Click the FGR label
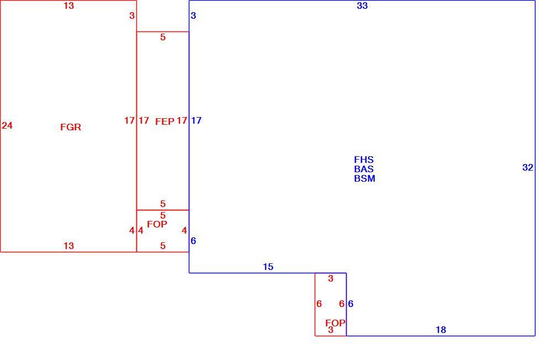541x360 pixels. pyautogui.click(x=71, y=127)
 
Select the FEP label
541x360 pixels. pyautogui.click(x=165, y=121)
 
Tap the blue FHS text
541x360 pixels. pyautogui.click(x=364, y=160)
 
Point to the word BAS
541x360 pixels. pyautogui.click(x=364, y=169)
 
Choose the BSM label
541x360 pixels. pyautogui.click(x=364, y=178)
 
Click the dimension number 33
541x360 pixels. pyautogui.click(x=362, y=6)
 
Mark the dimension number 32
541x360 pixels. pyautogui.click(x=528, y=167)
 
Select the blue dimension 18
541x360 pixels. pyautogui.click(x=441, y=330)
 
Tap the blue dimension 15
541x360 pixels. pyautogui.click(x=268, y=267)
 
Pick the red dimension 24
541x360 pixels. pyautogui.click(x=7, y=126)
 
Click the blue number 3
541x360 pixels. pyautogui.click(x=193, y=15)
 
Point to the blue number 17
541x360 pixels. pyautogui.click(x=197, y=120)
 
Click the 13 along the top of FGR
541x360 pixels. pyautogui.click(x=68, y=6)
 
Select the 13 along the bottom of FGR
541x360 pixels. pyautogui.click(x=68, y=246)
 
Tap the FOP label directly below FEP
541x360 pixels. pyautogui.click(x=157, y=224)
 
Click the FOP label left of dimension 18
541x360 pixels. pyautogui.click(x=336, y=323)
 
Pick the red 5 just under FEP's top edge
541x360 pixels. pyautogui.click(x=163, y=38)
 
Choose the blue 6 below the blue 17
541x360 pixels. pyautogui.click(x=193, y=241)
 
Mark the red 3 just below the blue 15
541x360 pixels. pyautogui.click(x=331, y=278)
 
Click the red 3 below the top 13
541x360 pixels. pyautogui.click(x=132, y=15)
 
